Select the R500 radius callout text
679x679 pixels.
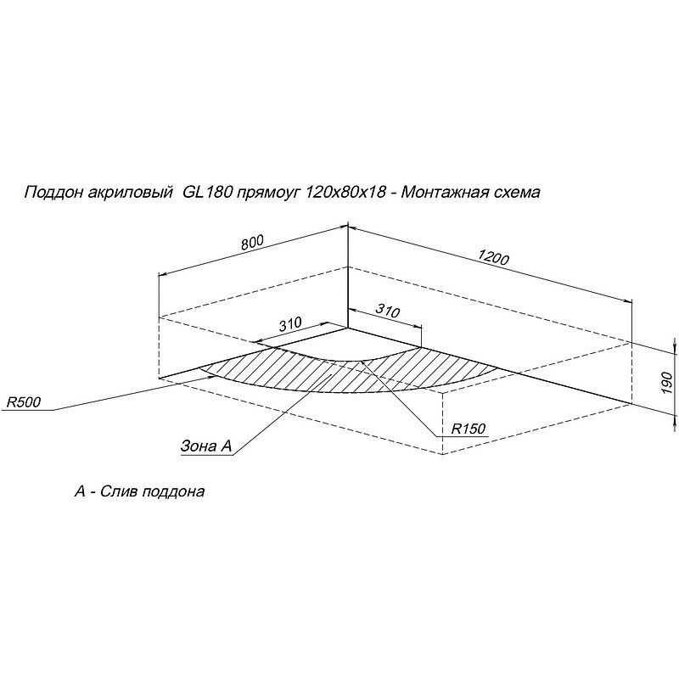coord(22,402)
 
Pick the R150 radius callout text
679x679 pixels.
coord(468,429)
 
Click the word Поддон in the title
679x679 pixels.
coord(50,194)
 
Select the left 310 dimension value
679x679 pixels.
coord(290,324)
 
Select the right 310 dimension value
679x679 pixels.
coord(387,311)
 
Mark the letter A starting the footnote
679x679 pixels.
coord(80,492)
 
